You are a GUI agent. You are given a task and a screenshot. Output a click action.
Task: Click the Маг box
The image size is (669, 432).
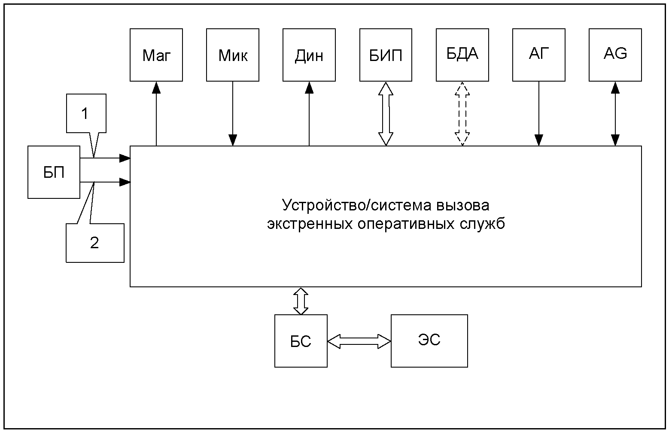[156, 55]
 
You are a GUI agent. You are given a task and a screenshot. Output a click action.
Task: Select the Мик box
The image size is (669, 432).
[233, 55]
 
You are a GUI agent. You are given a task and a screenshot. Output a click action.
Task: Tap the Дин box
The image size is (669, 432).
[309, 55]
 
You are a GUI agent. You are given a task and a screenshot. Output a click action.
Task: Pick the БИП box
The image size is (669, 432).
[386, 55]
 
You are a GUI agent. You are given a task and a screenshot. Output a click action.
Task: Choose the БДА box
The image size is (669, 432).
[462, 55]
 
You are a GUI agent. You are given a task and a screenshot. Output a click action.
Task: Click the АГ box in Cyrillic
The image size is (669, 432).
[539, 55]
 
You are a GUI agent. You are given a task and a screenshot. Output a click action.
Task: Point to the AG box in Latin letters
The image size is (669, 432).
[615, 55]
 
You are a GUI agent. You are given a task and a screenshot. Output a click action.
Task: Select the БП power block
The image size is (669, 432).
[54, 172]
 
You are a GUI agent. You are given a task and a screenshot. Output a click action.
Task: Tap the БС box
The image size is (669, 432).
[301, 341]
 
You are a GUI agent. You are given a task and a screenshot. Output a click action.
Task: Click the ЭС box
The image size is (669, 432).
[429, 341]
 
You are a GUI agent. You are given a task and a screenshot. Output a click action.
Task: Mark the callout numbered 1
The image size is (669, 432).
[86, 113]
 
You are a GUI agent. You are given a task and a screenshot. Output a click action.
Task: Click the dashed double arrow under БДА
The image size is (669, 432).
[462, 114]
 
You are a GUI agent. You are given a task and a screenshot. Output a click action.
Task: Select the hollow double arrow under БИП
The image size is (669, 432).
[386, 114]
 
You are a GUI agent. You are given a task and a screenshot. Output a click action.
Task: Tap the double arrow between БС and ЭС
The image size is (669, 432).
[359, 341]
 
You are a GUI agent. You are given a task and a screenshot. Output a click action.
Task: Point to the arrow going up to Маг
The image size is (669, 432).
[156, 114]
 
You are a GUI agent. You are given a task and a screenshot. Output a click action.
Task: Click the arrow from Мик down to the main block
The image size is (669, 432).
[233, 114]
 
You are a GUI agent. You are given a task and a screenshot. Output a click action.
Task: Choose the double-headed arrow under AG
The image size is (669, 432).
[615, 114]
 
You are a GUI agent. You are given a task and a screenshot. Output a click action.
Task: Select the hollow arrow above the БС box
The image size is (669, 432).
[301, 301]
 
